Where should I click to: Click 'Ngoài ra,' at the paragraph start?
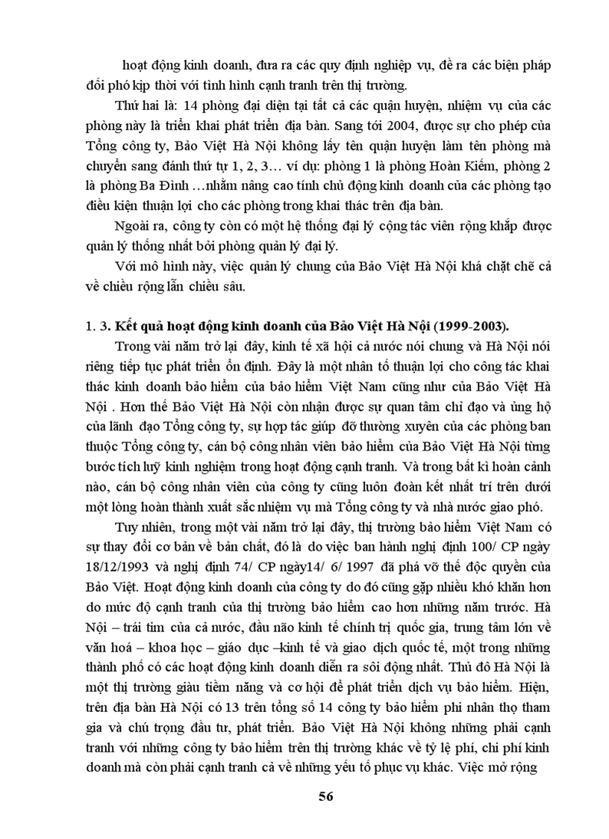click(140, 225)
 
